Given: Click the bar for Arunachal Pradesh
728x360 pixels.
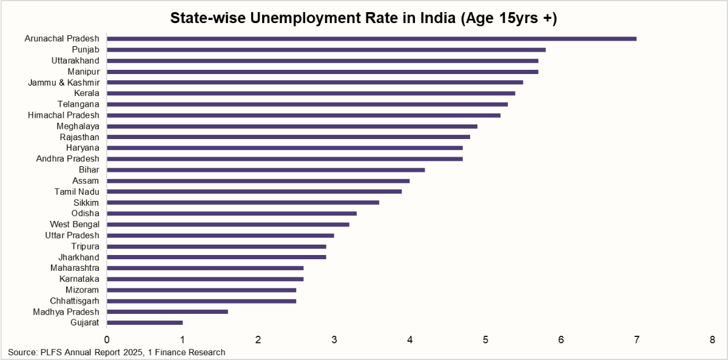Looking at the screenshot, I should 371,39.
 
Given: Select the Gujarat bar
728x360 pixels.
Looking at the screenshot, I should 144,323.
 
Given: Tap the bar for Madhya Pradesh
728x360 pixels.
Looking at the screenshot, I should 167,312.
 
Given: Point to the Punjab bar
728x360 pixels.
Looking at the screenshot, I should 326,50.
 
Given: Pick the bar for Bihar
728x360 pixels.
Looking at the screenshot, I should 266,170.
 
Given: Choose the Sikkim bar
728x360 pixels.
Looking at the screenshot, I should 243,203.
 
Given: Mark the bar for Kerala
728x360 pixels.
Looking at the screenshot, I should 311,93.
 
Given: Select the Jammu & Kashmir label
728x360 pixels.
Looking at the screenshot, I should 64,83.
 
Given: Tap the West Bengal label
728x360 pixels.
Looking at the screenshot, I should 75,225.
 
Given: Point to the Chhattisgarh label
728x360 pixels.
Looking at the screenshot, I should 75,301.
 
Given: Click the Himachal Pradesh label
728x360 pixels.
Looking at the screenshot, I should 64,115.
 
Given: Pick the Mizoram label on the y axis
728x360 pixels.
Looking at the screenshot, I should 83,290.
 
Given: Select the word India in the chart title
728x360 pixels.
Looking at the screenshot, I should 428,18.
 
